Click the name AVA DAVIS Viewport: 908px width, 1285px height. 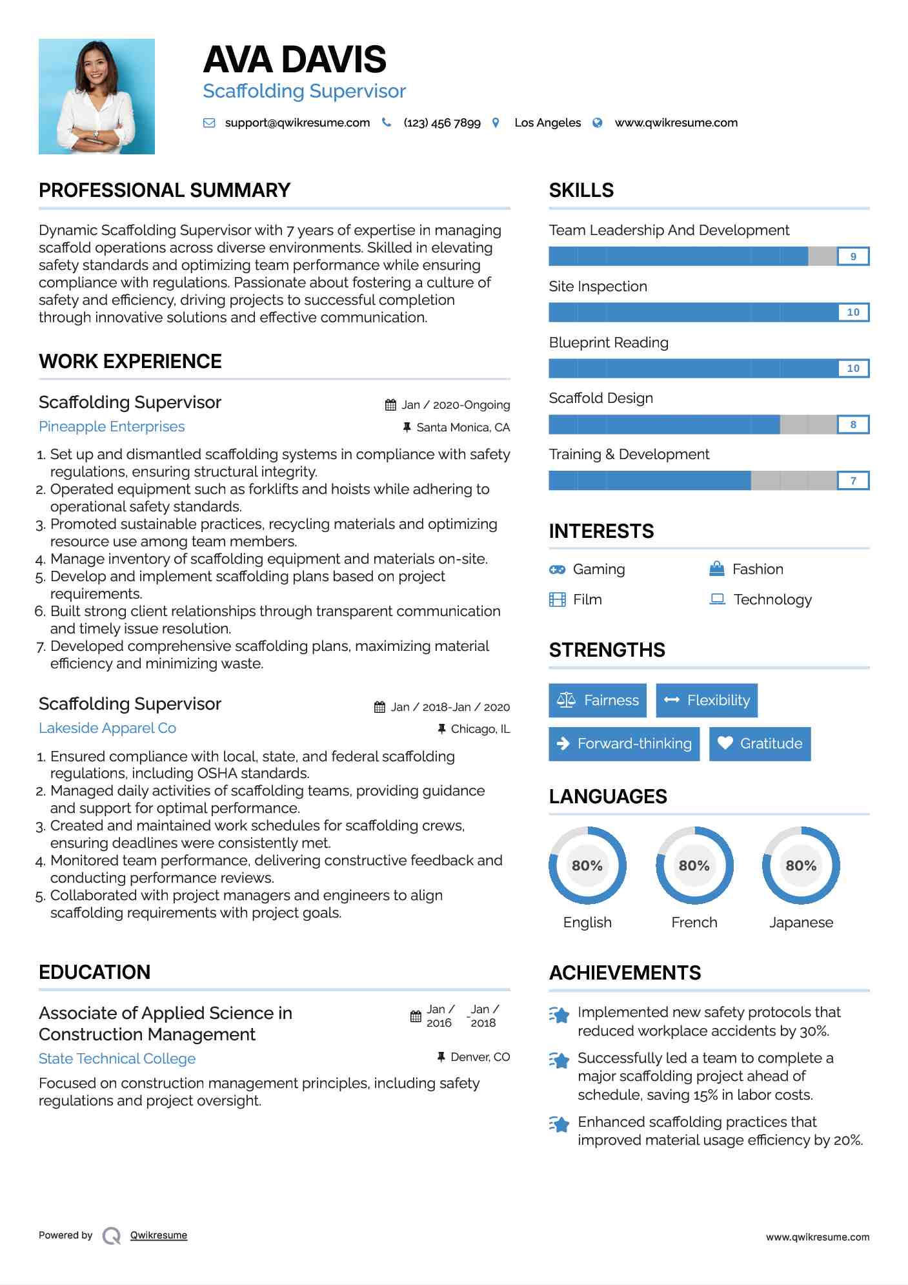point(294,60)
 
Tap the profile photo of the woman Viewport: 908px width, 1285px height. point(97,96)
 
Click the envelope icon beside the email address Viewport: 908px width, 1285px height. point(209,123)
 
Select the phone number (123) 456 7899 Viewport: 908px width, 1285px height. point(441,123)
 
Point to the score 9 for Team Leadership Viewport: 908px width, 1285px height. point(853,256)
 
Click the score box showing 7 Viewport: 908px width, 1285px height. point(853,480)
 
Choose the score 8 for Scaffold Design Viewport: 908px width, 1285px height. point(853,424)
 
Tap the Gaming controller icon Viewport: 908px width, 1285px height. point(557,570)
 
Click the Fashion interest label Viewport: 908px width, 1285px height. point(758,569)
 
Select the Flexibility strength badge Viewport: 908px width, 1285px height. point(707,701)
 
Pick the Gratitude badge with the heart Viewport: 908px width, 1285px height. point(760,744)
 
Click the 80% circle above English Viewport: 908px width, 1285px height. point(587,865)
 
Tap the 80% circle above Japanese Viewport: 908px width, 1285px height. point(801,865)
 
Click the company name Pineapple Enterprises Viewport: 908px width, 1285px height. point(112,427)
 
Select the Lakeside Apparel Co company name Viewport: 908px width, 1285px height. point(107,728)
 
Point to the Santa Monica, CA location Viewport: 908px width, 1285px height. point(463,427)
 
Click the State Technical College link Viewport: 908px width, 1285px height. point(117,1059)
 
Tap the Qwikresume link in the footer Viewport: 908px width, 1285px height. point(159,1235)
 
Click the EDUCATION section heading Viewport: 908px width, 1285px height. point(95,972)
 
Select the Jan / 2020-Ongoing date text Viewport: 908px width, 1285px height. point(456,405)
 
